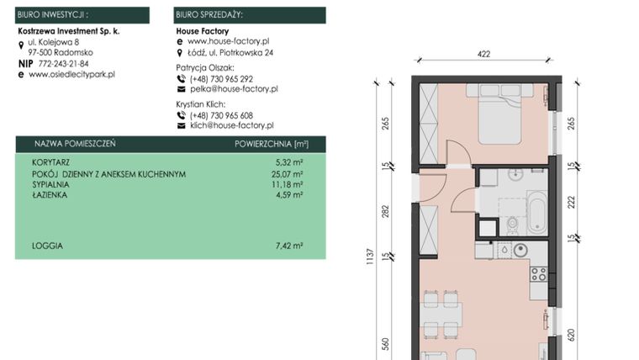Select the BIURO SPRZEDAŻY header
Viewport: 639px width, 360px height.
(209, 14)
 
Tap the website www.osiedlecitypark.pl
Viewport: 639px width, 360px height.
(71, 74)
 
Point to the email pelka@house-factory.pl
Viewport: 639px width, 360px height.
(233, 88)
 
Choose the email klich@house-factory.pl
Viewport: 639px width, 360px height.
(232, 125)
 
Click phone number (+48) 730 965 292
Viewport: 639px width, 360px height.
(221, 78)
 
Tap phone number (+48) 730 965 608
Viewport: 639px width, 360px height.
(221, 115)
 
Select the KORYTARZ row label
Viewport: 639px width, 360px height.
(51, 164)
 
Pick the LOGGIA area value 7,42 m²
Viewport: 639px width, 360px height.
(288, 246)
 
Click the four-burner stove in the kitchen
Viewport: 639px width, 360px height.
(537, 274)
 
